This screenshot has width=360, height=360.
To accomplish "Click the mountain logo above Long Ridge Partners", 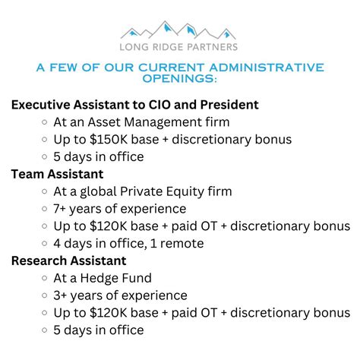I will (x=179, y=30).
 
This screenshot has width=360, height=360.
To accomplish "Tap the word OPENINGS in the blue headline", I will (x=179, y=79).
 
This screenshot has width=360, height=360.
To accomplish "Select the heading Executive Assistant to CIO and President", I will (x=135, y=104).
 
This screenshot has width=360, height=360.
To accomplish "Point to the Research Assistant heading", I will (x=68, y=261).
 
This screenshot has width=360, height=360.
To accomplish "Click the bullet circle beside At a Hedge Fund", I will (x=46, y=279).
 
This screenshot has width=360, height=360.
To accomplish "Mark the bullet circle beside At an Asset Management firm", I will (x=46, y=122).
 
